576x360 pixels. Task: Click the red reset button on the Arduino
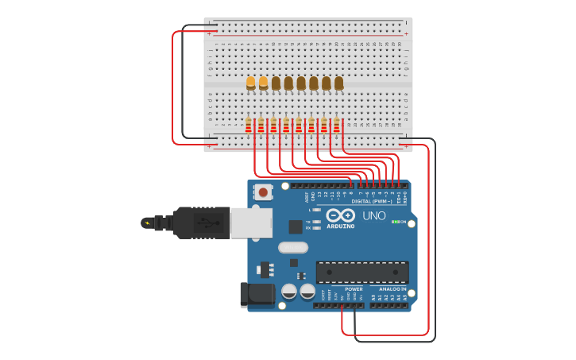pos(263,192)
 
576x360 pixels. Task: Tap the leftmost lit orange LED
pos(251,82)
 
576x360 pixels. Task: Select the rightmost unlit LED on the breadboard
pos(339,82)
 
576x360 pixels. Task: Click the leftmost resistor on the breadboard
pos(249,125)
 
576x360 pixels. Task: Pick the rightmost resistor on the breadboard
pos(337,125)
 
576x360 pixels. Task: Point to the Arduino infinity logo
pos(340,215)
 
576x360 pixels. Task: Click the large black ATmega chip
pos(362,272)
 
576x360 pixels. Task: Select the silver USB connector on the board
pos(251,223)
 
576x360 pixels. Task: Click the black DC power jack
pos(257,294)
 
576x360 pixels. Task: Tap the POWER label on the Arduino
pos(354,289)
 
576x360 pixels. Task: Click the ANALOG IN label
pos(392,289)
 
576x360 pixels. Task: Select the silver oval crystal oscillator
pos(292,247)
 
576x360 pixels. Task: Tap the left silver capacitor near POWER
pos(289,292)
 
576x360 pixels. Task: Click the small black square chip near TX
pos(295,226)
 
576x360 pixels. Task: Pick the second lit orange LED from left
pos(264,82)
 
